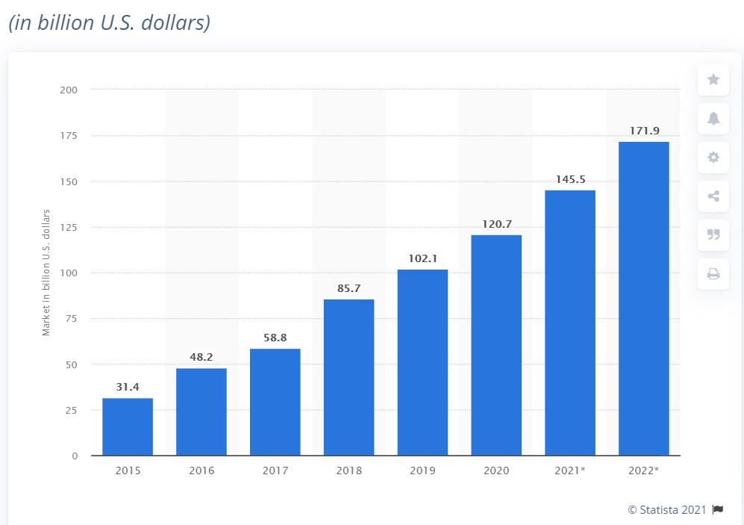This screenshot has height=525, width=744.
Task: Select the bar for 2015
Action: coord(128,426)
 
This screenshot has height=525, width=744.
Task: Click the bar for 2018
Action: coord(348,377)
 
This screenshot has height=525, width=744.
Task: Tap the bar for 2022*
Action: coord(643,299)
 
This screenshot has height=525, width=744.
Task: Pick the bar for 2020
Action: coord(496,345)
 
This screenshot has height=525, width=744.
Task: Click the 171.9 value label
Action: coord(644,131)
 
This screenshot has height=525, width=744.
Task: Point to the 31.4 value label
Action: coord(128,387)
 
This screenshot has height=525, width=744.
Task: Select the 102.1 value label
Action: coord(422,258)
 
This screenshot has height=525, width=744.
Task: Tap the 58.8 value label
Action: coord(275,338)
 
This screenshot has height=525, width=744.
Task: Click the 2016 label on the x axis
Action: coord(201,470)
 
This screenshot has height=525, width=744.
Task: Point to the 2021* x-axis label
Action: coord(570,470)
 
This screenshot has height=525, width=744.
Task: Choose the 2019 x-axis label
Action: coord(422,470)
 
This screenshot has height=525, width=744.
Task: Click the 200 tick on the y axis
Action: coord(69,90)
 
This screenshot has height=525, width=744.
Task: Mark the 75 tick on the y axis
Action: coord(71,319)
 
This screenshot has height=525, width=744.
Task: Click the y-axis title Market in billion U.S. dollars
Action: coord(46,273)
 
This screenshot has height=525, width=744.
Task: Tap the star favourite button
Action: coord(713,79)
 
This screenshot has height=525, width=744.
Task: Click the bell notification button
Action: coord(713,118)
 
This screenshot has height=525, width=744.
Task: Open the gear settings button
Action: coord(713,157)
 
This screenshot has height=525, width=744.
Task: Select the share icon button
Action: coord(713,196)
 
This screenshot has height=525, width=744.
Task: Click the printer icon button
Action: coord(713,274)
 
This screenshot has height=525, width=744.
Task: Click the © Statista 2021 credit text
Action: coord(666,509)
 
